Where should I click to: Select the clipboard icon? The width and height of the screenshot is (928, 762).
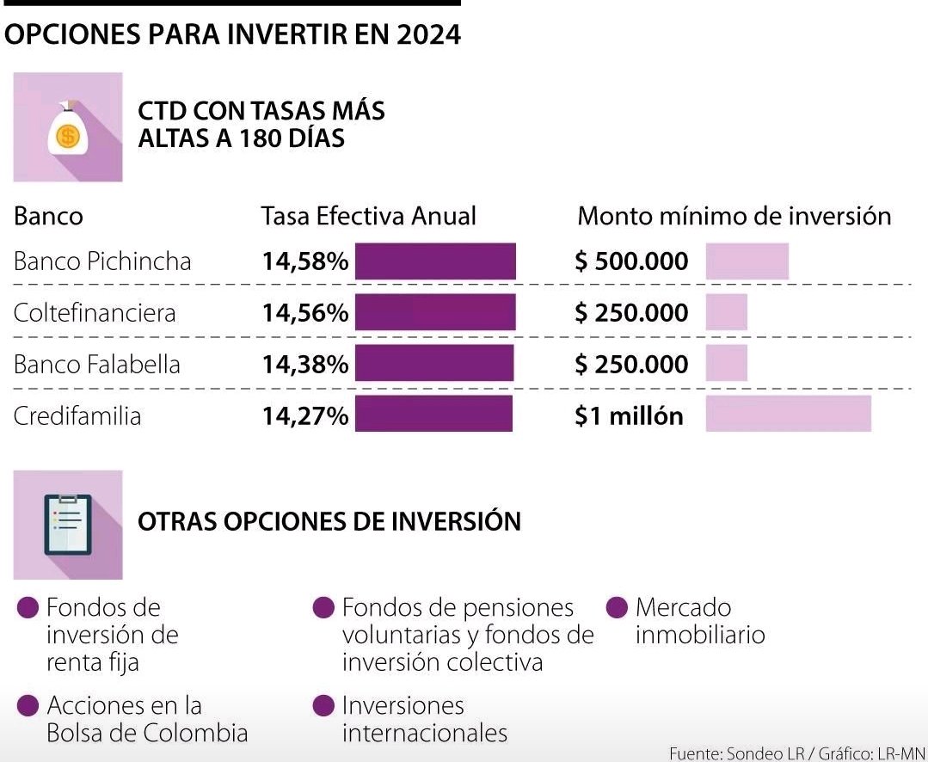(x=67, y=525)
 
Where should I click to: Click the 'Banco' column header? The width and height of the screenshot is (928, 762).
(x=48, y=215)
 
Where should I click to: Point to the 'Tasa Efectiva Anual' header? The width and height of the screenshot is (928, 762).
(x=368, y=215)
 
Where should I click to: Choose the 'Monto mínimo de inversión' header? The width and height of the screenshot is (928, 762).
(x=734, y=215)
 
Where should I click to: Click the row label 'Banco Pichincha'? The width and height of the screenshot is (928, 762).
(x=102, y=261)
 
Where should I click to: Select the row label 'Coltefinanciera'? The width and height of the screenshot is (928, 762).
(x=95, y=313)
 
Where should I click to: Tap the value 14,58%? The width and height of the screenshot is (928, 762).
(x=305, y=261)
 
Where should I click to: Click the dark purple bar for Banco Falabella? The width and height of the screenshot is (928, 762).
(x=434, y=364)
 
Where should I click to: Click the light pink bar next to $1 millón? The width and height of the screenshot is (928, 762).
(x=788, y=415)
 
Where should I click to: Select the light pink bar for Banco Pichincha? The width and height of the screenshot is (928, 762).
(x=747, y=261)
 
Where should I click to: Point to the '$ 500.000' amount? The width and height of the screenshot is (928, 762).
(x=631, y=261)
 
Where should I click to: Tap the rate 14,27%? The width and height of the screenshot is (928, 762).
(x=305, y=416)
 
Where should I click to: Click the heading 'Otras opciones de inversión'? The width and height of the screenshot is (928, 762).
(x=329, y=521)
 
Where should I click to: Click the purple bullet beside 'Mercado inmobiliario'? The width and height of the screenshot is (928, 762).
(x=617, y=608)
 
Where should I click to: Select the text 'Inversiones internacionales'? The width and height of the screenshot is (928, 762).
(x=424, y=719)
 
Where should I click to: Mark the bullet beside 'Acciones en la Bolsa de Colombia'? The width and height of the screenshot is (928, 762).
(x=28, y=706)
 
